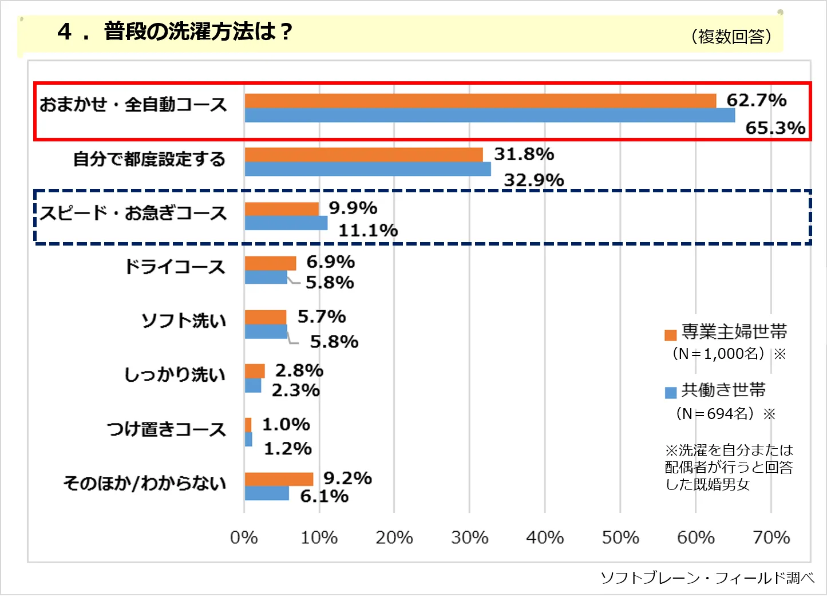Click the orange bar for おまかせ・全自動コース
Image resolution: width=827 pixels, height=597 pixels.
pos(480,101)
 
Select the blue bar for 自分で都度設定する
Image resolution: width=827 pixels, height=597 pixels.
pos(367,169)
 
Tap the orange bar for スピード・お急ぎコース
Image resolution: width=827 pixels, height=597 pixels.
pos(282,209)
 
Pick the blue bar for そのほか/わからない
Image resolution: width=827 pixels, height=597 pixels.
pos(267,493)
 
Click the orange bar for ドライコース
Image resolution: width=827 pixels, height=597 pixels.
pos(270,263)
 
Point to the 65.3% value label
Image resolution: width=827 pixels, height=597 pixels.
pos(775,128)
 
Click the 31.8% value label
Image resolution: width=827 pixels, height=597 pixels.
pos(524,154)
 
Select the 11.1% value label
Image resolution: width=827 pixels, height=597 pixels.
pos(368,230)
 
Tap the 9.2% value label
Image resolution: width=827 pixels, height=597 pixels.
pos(347,478)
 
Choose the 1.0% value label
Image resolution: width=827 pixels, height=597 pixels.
pos(286,424)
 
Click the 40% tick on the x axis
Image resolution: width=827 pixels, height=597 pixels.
pos(545,537)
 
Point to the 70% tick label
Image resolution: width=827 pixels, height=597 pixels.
pos(771,537)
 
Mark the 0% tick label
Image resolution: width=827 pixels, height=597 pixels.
pos(244,537)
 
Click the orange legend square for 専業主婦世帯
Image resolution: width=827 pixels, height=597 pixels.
pos(671,335)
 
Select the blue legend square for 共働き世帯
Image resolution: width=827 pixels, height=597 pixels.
pos(671,393)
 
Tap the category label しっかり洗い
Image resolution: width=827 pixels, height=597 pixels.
pos(175,374)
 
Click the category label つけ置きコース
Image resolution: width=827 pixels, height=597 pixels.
pos(166,429)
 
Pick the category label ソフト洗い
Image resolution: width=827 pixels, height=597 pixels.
pos(183,321)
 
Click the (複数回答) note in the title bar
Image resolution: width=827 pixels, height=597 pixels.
pos(731,37)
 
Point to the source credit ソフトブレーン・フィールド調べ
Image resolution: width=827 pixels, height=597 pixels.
pos(707,578)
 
